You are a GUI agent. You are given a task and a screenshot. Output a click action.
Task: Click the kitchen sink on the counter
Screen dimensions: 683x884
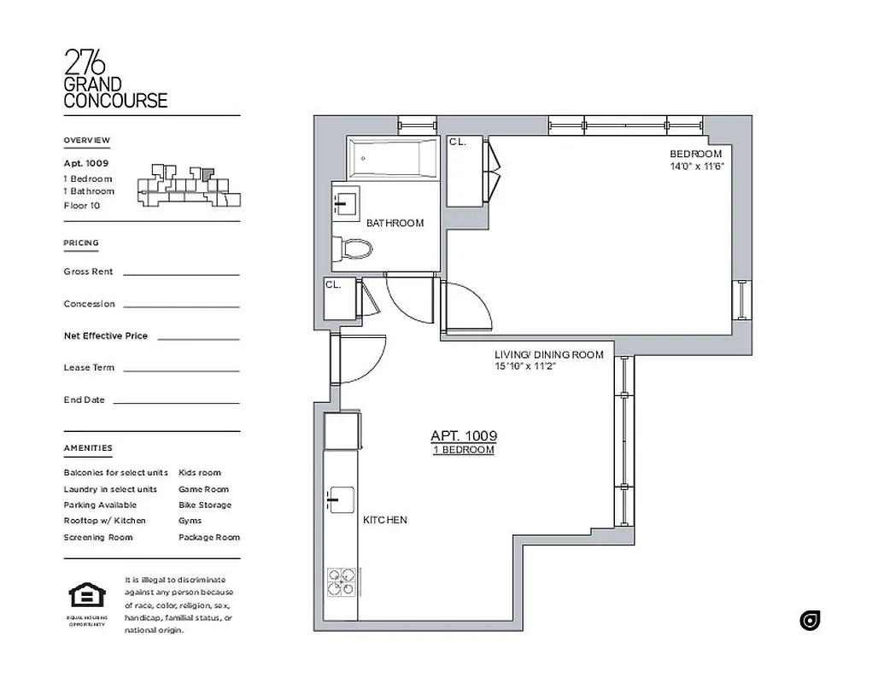(341, 499)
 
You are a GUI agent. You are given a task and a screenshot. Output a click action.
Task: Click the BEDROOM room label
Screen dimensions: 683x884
(695, 154)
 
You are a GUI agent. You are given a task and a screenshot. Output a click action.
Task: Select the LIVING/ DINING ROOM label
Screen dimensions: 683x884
(548, 354)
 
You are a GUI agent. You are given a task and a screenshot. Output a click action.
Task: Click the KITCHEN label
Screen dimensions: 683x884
(385, 520)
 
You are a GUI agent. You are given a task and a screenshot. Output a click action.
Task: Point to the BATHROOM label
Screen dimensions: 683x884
(395, 224)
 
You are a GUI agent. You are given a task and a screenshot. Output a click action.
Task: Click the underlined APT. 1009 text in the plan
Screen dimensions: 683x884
(463, 436)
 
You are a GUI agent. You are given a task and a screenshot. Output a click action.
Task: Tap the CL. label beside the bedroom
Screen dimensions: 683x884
(458, 143)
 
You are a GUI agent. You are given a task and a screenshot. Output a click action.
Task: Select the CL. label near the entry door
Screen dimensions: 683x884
(332, 285)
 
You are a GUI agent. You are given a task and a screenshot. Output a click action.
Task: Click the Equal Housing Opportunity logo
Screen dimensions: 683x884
(86, 594)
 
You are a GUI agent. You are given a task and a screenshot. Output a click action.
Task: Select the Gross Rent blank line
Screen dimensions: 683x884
(181, 274)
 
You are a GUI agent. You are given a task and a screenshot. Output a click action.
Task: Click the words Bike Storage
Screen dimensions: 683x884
(204, 505)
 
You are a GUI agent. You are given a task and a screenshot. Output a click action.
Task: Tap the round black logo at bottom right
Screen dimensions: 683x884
(810, 621)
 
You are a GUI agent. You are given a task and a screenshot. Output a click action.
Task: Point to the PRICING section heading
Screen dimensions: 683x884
(81, 243)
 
